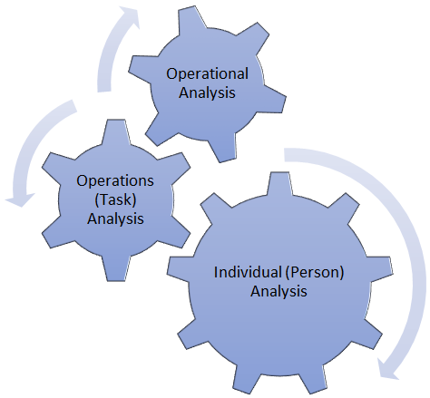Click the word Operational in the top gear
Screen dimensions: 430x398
(x=207, y=74)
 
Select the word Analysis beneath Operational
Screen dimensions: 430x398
(x=207, y=92)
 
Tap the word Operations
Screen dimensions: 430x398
(x=115, y=181)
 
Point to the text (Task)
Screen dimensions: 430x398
(x=115, y=199)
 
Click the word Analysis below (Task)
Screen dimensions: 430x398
(x=115, y=218)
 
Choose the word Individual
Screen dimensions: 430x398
(x=248, y=272)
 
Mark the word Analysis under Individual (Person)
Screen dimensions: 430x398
(x=279, y=291)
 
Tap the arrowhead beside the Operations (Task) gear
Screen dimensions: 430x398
(x=20, y=199)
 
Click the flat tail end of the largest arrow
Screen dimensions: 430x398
(x=285, y=154)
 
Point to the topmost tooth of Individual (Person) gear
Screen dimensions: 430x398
(x=279, y=184)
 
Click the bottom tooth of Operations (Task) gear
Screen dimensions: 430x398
(x=116, y=269)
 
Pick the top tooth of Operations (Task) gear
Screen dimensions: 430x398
(x=116, y=132)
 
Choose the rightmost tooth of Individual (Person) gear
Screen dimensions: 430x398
(x=380, y=268)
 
